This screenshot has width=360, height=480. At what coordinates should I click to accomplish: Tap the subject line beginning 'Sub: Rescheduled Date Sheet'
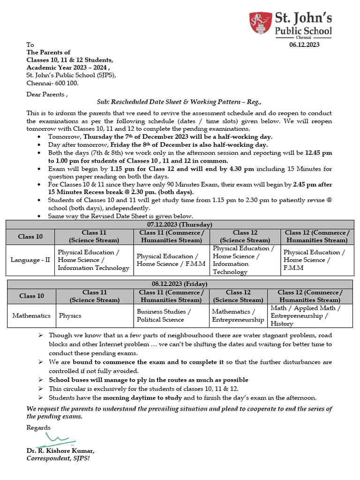tap(179, 102)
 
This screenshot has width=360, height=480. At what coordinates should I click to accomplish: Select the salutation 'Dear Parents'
tap(47, 94)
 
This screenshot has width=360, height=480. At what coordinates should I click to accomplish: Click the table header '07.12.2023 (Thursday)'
tap(180, 225)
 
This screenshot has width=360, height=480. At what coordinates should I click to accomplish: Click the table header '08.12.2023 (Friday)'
tap(180, 284)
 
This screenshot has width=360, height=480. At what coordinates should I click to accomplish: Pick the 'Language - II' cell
tap(30, 260)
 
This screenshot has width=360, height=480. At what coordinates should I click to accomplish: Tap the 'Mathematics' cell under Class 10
tap(31, 315)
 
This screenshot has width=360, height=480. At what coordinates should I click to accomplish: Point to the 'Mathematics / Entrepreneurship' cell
tap(238, 315)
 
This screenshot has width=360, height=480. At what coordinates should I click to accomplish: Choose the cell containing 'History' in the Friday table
tap(309, 315)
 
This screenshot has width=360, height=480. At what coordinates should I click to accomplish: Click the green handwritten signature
tap(55, 440)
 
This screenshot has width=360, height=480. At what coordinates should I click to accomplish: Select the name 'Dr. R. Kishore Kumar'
tap(60, 451)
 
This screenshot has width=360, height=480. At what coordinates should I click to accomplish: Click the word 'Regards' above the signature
tap(38, 427)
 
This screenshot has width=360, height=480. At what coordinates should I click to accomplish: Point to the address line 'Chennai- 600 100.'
tap(52, 83)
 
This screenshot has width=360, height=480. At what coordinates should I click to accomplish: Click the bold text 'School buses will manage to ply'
tap(148, 380)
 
